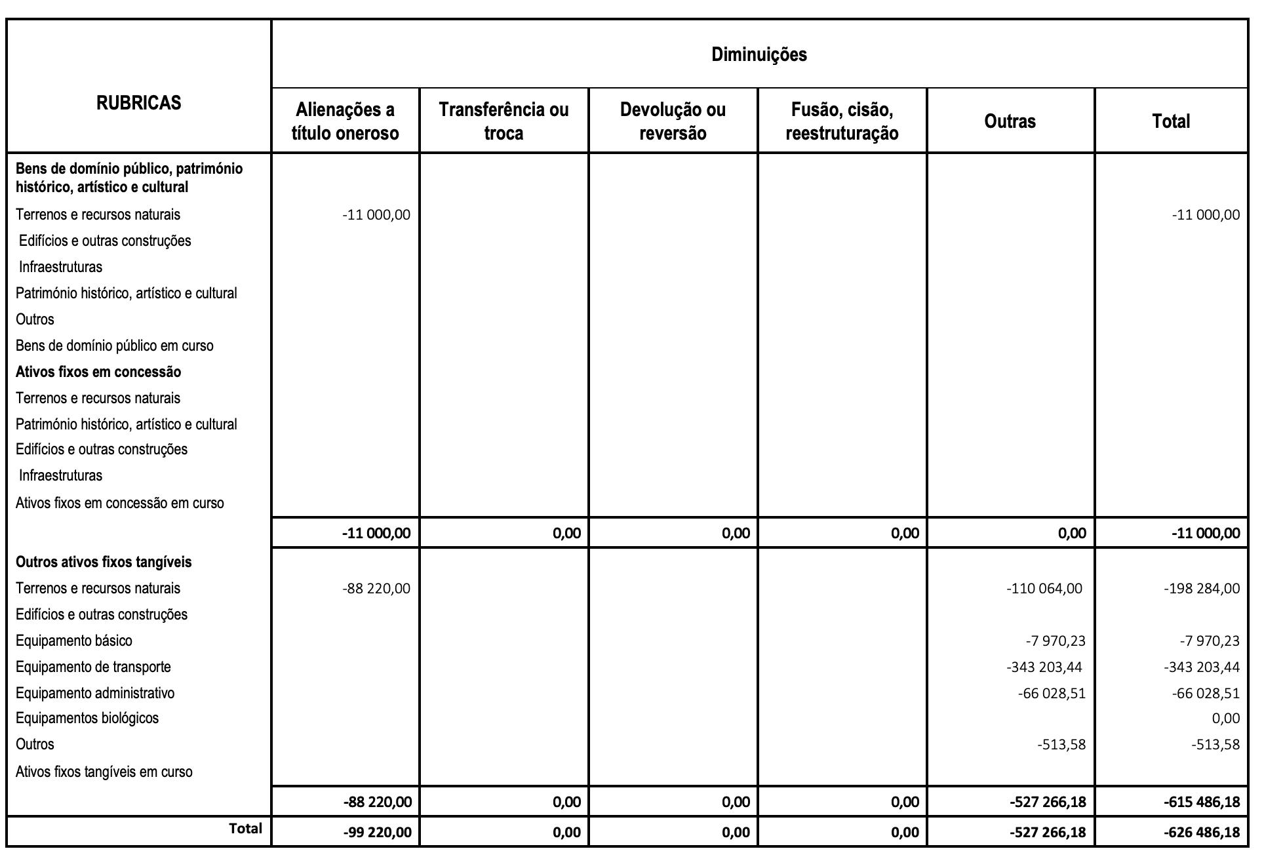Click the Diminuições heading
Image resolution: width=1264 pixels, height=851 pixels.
[x=759, y=54]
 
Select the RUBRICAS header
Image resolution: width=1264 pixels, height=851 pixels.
[x=138, y=103]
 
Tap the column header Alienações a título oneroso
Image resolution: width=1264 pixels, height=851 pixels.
[x=345, y=121]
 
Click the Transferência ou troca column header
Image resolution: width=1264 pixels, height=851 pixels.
[x=504, y=121]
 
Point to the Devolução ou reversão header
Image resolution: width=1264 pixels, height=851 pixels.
[x=673, y=121]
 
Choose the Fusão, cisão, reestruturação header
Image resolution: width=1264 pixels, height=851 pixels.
[x=842, y=121]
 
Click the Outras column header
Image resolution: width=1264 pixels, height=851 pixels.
[x=1010, y=121]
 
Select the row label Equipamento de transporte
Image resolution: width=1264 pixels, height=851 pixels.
[x=93, y=667]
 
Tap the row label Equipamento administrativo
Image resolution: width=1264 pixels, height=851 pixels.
[x=95, y=693]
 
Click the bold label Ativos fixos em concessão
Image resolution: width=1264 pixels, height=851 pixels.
[x=98, y=372]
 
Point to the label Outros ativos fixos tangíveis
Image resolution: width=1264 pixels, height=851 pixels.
[x=104, y=562]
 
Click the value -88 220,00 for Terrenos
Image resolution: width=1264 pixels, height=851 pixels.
[x=376, y=589]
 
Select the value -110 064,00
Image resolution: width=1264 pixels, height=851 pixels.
[x=1044, y=589]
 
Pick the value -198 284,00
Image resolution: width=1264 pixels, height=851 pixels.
[x=1202, y=589]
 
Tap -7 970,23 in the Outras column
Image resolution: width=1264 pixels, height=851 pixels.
[x=1056, y=641]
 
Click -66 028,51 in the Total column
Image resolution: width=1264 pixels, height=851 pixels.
[x=1206, y=694]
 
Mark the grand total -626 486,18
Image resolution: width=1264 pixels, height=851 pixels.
[x=1202, y=833]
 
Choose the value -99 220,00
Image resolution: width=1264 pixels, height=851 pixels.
[x=378, y=833]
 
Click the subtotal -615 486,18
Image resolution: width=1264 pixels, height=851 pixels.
[x=1202, y=802]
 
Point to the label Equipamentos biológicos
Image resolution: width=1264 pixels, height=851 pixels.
[x=87, y=718]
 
